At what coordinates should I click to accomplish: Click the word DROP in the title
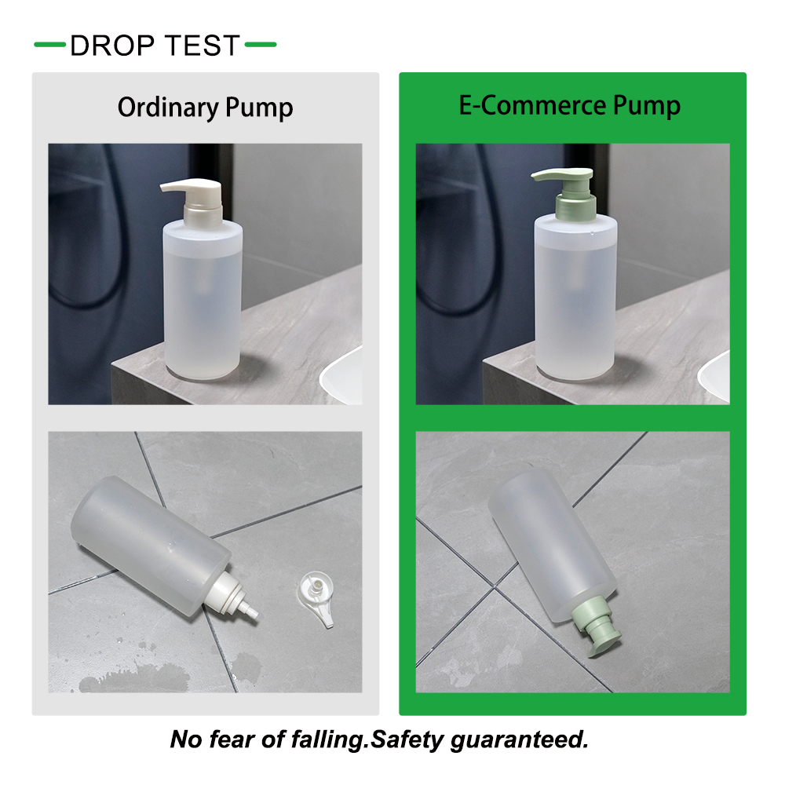[x=112, y=46]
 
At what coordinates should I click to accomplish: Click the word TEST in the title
[x=203, y=46]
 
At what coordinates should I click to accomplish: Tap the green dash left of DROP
[x=49, y=45]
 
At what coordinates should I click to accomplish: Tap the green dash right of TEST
[x=261, y=45]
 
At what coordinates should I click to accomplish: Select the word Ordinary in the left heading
[x=168, y=108]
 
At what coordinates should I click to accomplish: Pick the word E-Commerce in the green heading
[x=533, y=105]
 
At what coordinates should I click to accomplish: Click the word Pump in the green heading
[x=647, y=106]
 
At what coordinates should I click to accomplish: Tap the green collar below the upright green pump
[x=575, y=206]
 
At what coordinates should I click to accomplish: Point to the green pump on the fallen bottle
[x=596, y=625]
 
